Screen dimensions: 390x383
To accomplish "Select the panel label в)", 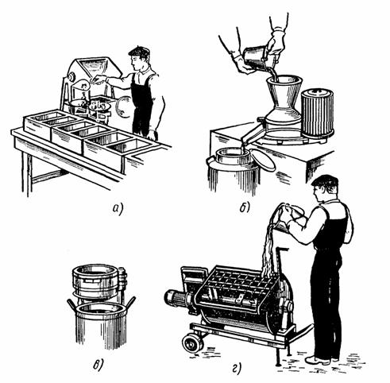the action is click(x=98, y=365).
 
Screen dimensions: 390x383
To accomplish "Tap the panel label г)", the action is click(x=237, y=368).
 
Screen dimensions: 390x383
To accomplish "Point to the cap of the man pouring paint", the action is click(x=325, y=180).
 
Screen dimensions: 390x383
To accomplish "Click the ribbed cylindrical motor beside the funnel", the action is click(x=318, y=113).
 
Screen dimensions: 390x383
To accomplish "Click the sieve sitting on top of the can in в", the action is click(x=97, y=280).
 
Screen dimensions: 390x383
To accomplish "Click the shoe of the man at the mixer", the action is click(x=317, y=361).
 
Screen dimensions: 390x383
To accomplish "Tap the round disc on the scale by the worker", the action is click(x=124, y=106).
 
